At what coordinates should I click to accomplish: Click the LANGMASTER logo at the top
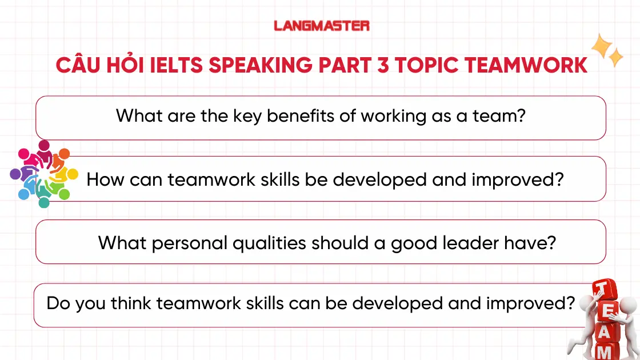322,26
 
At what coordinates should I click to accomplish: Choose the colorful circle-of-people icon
44,174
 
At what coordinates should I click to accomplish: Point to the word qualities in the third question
269,243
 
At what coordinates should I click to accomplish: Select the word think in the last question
131,303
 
